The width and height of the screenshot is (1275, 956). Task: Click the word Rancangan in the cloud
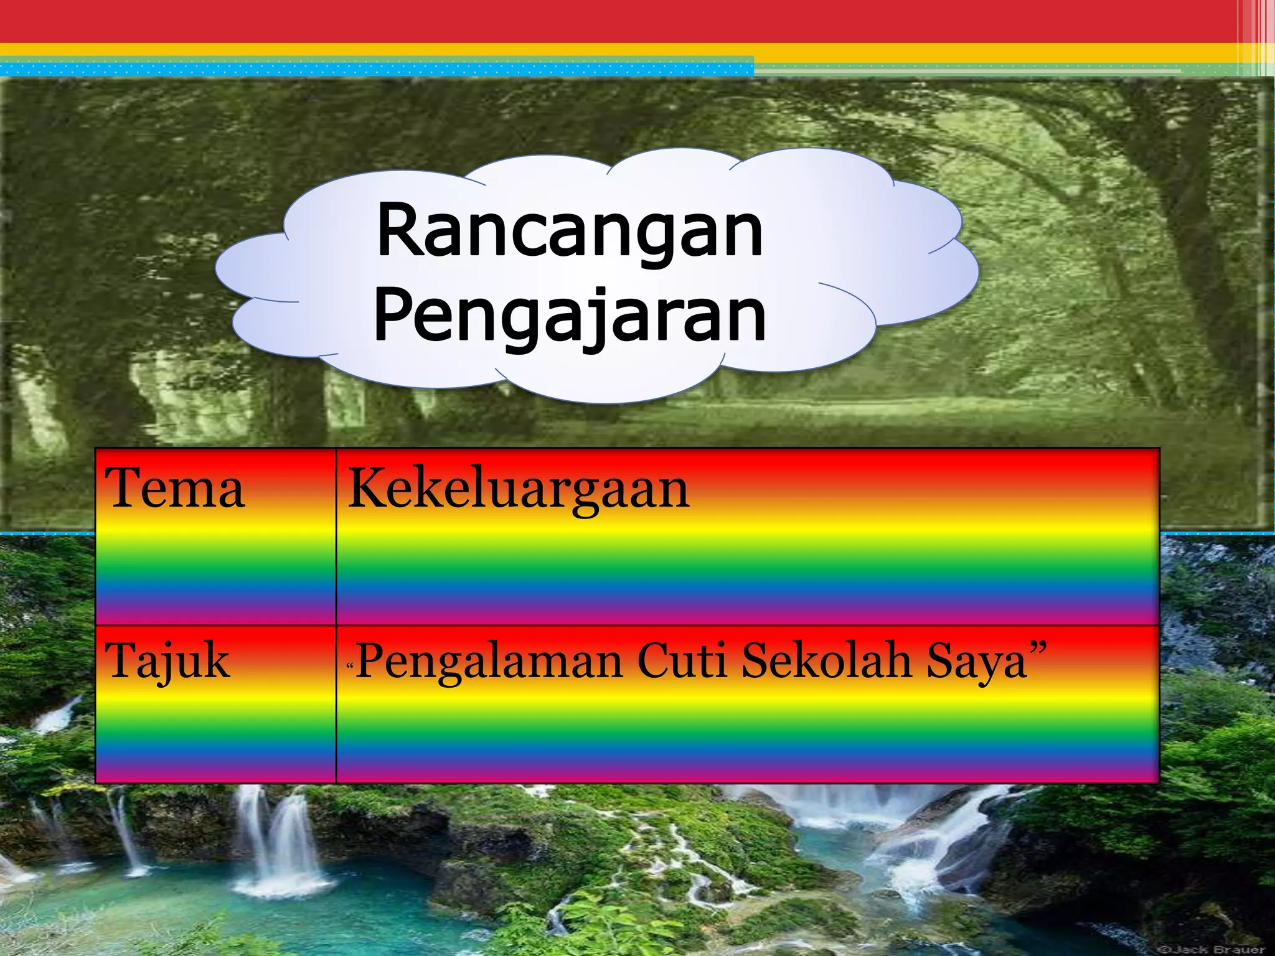pyautogui.click(x=569, y=232)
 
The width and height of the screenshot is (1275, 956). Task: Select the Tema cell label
pyautogui.click(x=175, y=489)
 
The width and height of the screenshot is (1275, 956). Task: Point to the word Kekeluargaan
pyautogui.click(x=518, y=489)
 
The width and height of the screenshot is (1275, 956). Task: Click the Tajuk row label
pyautogui.click(x=167, y=661)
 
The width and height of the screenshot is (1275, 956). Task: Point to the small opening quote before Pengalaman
pyautogui.click(x=350, y=667)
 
